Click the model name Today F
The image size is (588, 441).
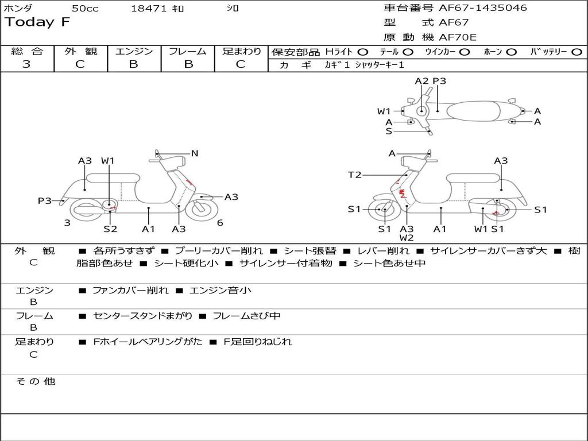(x=37, y=22)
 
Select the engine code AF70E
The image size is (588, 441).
(x=458, y=37)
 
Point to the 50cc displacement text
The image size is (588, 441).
(x=85, y=9)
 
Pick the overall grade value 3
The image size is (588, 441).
(x=26, y=64)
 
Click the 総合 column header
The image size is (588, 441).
(x=27, y=51)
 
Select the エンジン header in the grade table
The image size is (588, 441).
(x=134, y=51)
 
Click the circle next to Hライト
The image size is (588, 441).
(x=363, y=52)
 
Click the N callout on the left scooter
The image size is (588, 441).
(x=195, y=153)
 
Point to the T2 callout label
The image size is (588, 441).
(x=355, y=175)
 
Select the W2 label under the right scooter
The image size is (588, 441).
(x=407, y=238)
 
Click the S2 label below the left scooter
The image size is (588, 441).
(x=110, y=229)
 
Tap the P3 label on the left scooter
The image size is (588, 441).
(x=45, y=200)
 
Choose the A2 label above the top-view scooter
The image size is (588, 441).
(x=421, y=81)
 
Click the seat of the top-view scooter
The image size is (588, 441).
(x=475, y=110)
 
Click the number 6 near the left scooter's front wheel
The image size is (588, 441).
(x=220, y=223)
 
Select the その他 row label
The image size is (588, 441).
(x=36, y=381)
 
